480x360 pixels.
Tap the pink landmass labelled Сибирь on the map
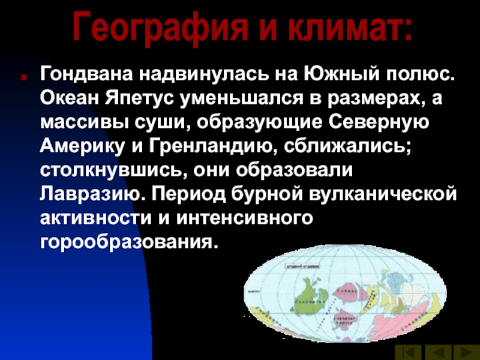click(349, 290)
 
